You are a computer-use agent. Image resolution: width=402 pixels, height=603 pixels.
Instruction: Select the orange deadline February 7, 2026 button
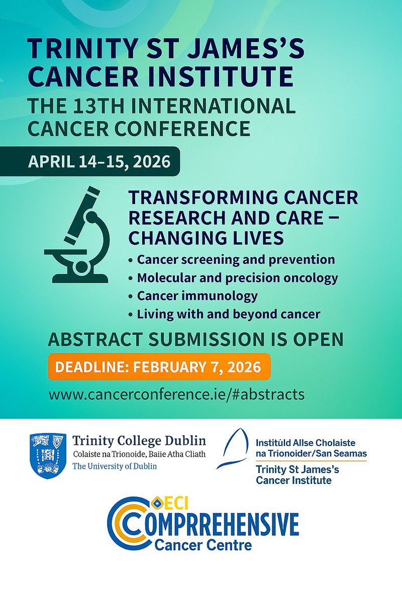(x=159, y=366)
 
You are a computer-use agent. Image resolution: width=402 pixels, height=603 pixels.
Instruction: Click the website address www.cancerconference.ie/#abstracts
(x=176, y=393)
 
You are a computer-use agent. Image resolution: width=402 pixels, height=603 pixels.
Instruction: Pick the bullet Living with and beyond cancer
(x=229, y=315)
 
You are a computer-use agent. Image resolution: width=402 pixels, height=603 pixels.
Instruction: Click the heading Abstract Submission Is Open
(x=195, y=340)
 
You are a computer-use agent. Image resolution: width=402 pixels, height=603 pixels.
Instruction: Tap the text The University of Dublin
(x=115, y=466)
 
